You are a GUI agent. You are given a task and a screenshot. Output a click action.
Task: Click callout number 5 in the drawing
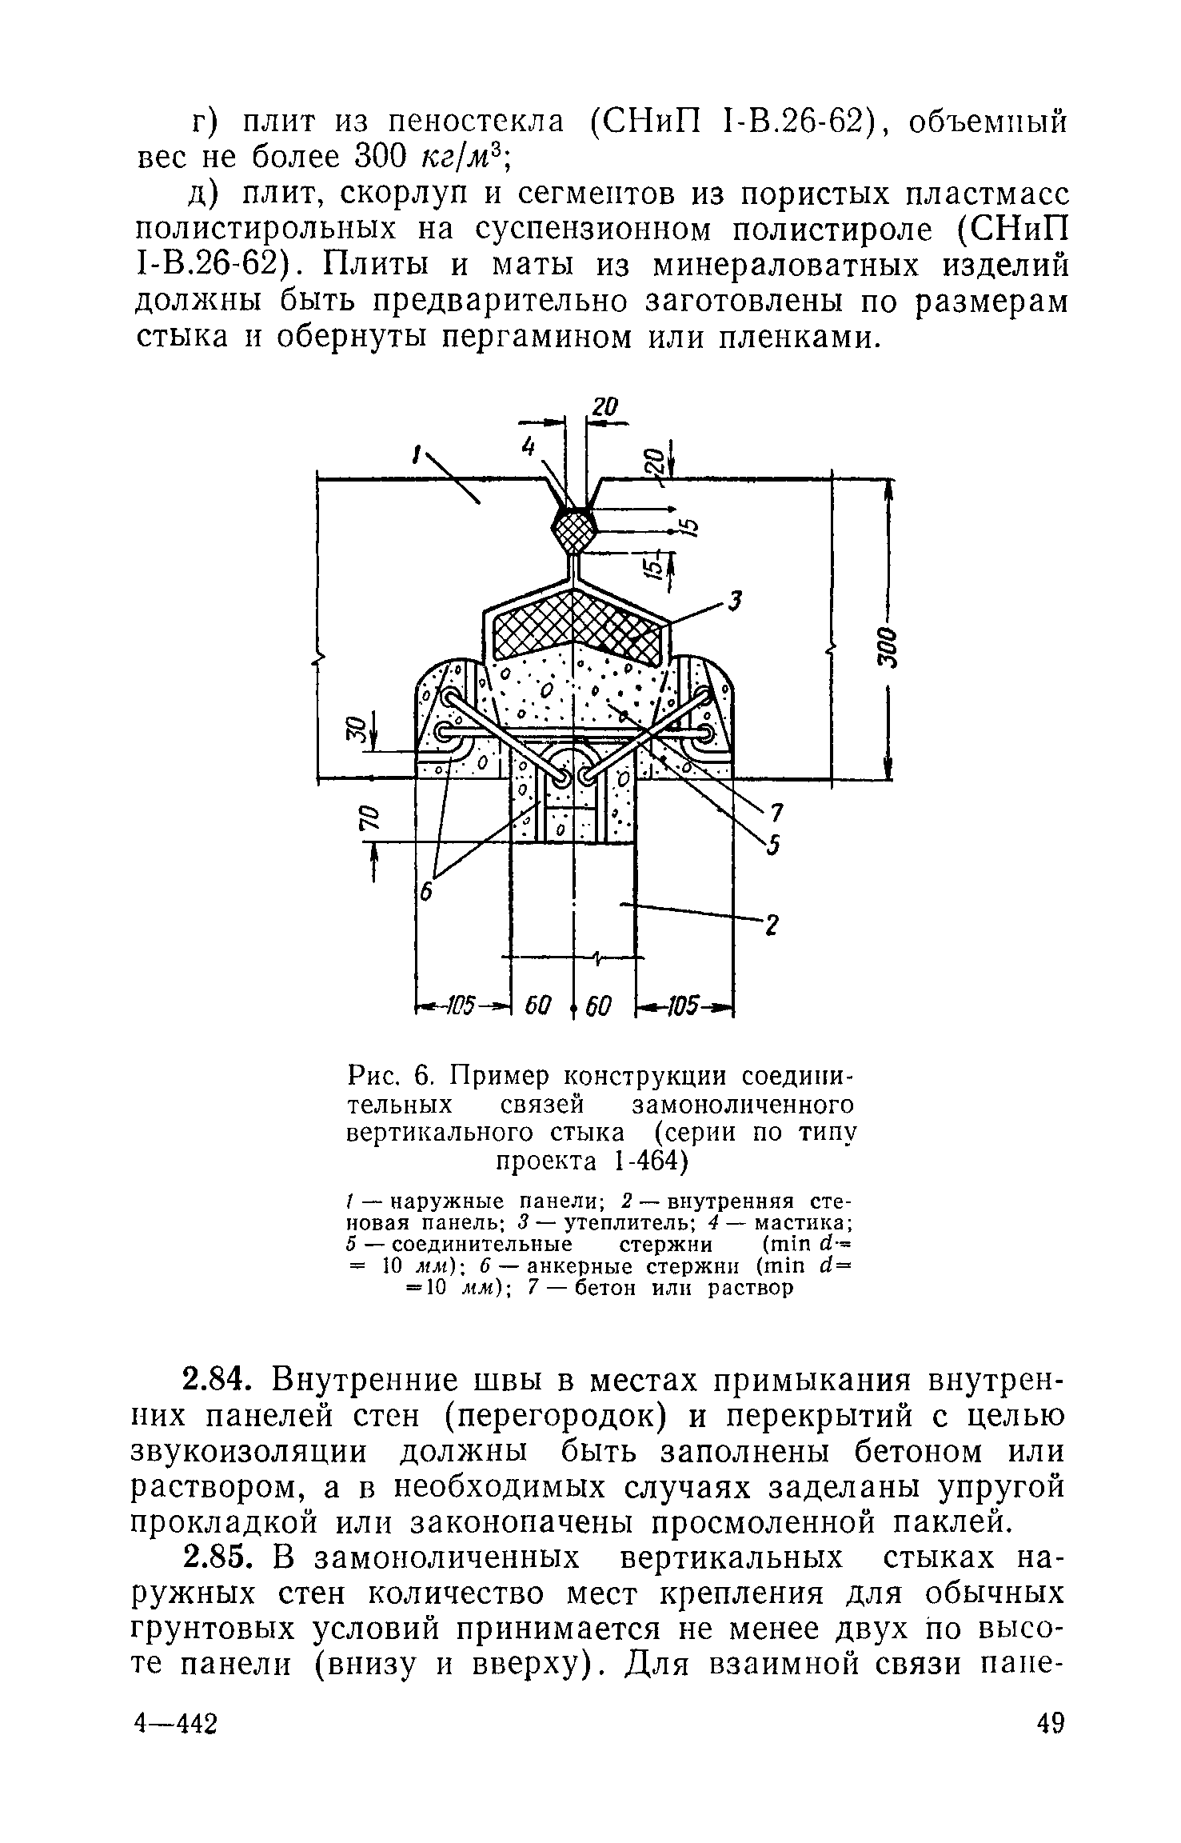pos(772,846)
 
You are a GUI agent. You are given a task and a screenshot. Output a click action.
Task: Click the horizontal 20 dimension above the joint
pos(605,407)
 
